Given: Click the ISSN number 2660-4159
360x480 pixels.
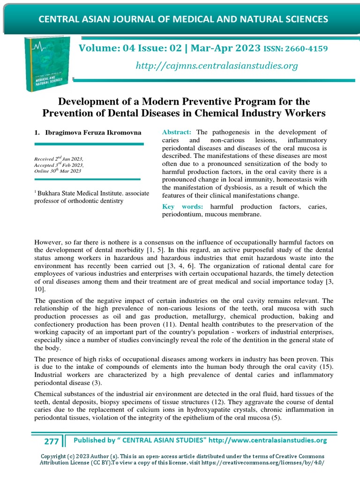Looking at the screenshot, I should (305, 49).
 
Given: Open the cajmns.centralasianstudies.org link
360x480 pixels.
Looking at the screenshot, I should (216, 66).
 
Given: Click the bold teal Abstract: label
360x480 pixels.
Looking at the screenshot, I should (177, 132).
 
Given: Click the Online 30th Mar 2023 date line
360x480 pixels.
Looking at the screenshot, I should (58, 171).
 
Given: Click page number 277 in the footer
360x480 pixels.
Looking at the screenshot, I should (52, 441).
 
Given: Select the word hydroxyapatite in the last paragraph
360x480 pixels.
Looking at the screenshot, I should (188, 410).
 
